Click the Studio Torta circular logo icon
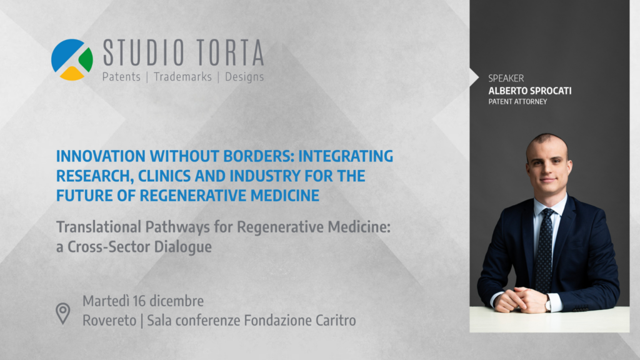tap(72, 60)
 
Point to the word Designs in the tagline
tap(244, 77)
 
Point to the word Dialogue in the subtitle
tap(181, 246)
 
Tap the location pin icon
tap(63, 312)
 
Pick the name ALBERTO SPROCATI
tap(530, 91)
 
